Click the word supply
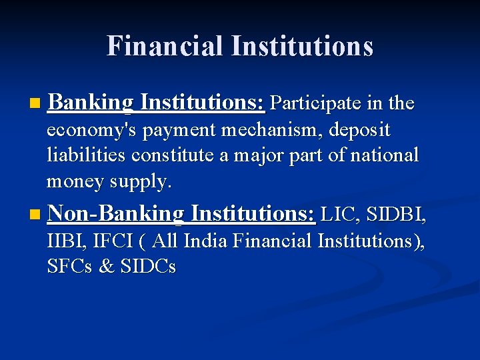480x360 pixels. tap(143, 181)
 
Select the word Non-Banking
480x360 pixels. tap(115, 214)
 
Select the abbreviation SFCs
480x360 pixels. tap(70, 267)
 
